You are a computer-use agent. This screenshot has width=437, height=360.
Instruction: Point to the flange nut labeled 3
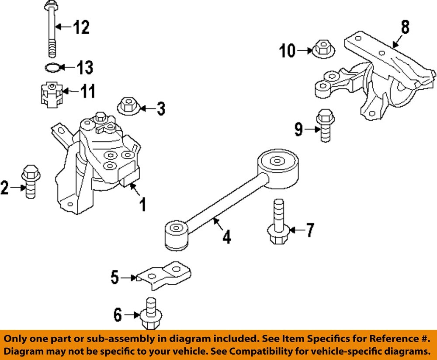pos(128,106)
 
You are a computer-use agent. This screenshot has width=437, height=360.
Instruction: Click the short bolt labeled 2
pos(30,182)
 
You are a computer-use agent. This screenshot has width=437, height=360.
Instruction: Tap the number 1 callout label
pos(142,204)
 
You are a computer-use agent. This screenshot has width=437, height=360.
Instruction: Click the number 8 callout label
pos(405,27)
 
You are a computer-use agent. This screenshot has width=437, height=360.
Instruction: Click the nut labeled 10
pos(323,49)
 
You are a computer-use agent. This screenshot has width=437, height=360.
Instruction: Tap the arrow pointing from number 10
pos(305,51)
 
